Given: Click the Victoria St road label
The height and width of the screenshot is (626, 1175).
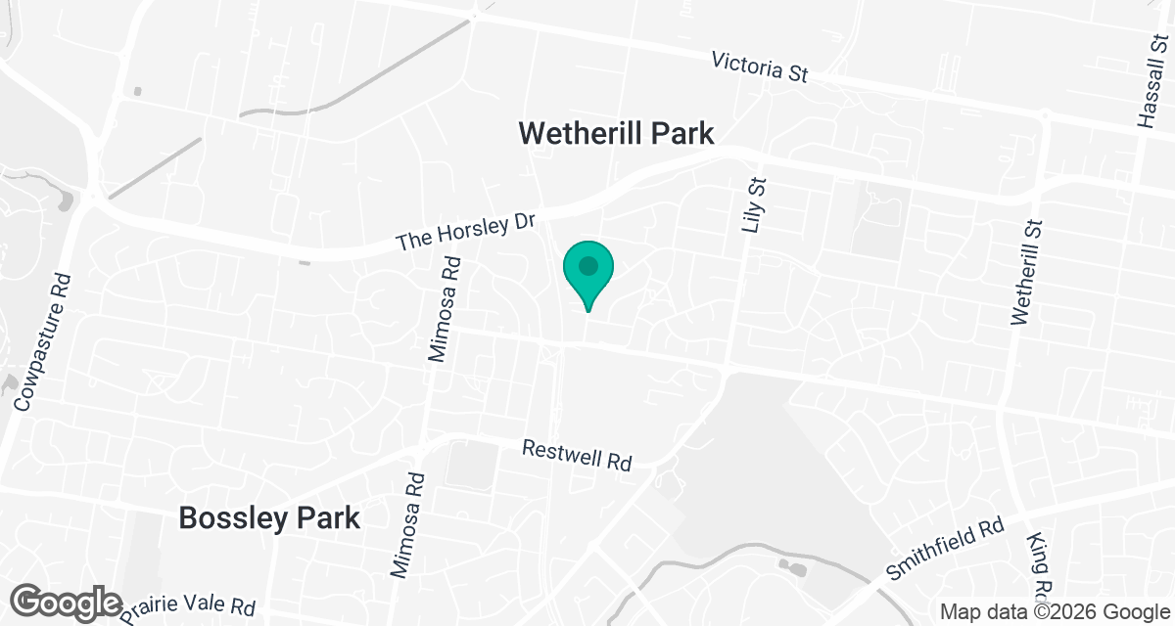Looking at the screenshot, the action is click(760, 68).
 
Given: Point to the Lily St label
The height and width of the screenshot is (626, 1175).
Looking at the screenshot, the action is click(752, 205).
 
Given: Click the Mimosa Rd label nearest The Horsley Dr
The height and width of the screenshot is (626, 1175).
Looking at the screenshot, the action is click(445, 308).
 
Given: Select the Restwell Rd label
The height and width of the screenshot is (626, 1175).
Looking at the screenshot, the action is click(577, 455).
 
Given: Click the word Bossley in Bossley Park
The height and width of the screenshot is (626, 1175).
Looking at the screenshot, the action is click(230, 518).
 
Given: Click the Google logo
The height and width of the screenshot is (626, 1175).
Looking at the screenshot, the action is click(68, 602).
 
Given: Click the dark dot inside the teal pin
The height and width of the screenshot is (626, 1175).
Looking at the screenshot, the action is click(587, 265).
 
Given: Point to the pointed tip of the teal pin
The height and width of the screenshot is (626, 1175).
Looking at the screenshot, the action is click(587, 311).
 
